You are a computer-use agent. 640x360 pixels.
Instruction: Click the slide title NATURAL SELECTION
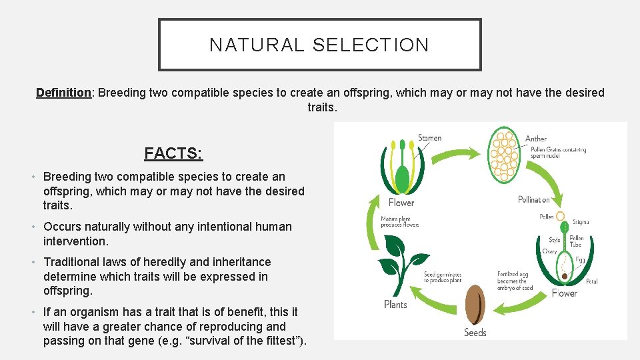[319, 45]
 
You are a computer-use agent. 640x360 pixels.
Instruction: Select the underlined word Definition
[63, 93]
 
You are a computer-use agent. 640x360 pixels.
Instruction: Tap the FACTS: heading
[173, 153]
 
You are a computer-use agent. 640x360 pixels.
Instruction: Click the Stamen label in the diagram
[429, 138]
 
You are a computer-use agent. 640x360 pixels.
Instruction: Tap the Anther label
[535, 139]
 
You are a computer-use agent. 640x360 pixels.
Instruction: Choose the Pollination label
[534, 199]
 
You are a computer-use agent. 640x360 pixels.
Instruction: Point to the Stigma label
[581, 222]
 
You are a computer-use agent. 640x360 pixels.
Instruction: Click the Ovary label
[549, 251]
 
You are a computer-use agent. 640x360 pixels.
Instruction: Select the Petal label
[591, 281]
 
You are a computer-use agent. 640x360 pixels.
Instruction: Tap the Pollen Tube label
[577, 241]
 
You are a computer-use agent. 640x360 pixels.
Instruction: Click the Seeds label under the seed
[475, 332]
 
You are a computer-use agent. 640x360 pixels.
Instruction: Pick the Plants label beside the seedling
[395, 304]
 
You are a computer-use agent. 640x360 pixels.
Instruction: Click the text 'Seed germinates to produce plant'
[443, 277]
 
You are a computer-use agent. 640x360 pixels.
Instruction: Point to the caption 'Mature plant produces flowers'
[400, 221]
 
